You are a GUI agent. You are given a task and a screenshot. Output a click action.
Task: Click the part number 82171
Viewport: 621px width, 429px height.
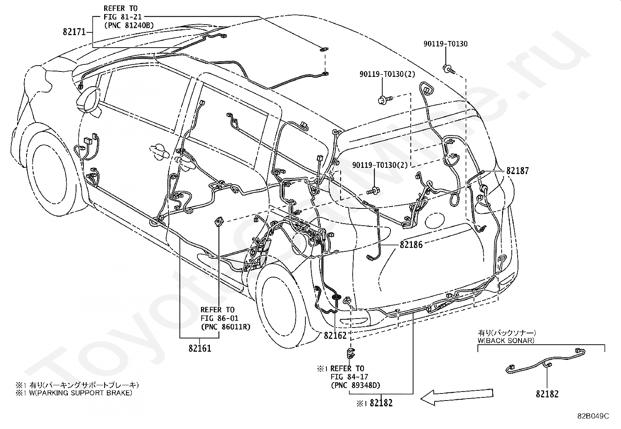[x=74, y=32]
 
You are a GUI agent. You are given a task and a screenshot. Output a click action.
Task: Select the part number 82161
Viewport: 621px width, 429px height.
[x=200, y=348]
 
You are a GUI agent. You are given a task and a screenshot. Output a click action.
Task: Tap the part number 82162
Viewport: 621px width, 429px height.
[x=335, y=336]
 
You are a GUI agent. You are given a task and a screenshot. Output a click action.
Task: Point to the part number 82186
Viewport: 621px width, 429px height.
[x=411, y=244]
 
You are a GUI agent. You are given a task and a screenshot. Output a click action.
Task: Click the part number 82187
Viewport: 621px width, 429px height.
[x=518, y=171]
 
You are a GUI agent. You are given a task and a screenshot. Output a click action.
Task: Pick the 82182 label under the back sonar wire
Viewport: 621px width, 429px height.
[x=547, y=394]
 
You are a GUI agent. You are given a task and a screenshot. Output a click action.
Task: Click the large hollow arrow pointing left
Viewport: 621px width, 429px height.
[x=457, y=397]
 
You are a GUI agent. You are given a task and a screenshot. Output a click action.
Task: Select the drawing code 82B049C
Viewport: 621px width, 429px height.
[x=593, y=416]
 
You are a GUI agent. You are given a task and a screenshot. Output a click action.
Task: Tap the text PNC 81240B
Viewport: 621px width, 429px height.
[x=129, y=25]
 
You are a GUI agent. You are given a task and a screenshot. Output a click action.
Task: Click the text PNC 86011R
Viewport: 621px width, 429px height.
[x=225, y=327]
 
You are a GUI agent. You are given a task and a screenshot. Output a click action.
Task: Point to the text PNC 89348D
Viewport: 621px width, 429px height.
[x=355, y=385]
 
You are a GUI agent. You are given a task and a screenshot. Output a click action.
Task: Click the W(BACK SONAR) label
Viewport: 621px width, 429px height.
[x=506, y=340]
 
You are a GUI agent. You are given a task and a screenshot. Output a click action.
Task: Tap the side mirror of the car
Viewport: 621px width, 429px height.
[x=89, y=100]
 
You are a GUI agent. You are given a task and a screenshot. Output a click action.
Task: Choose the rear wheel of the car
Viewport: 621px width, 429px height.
[x=280, y=306]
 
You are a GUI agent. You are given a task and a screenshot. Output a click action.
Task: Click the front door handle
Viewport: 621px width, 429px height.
[x=159, y=151]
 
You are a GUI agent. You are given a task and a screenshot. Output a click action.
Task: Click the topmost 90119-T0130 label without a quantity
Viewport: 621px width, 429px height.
[x=445, y=44]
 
